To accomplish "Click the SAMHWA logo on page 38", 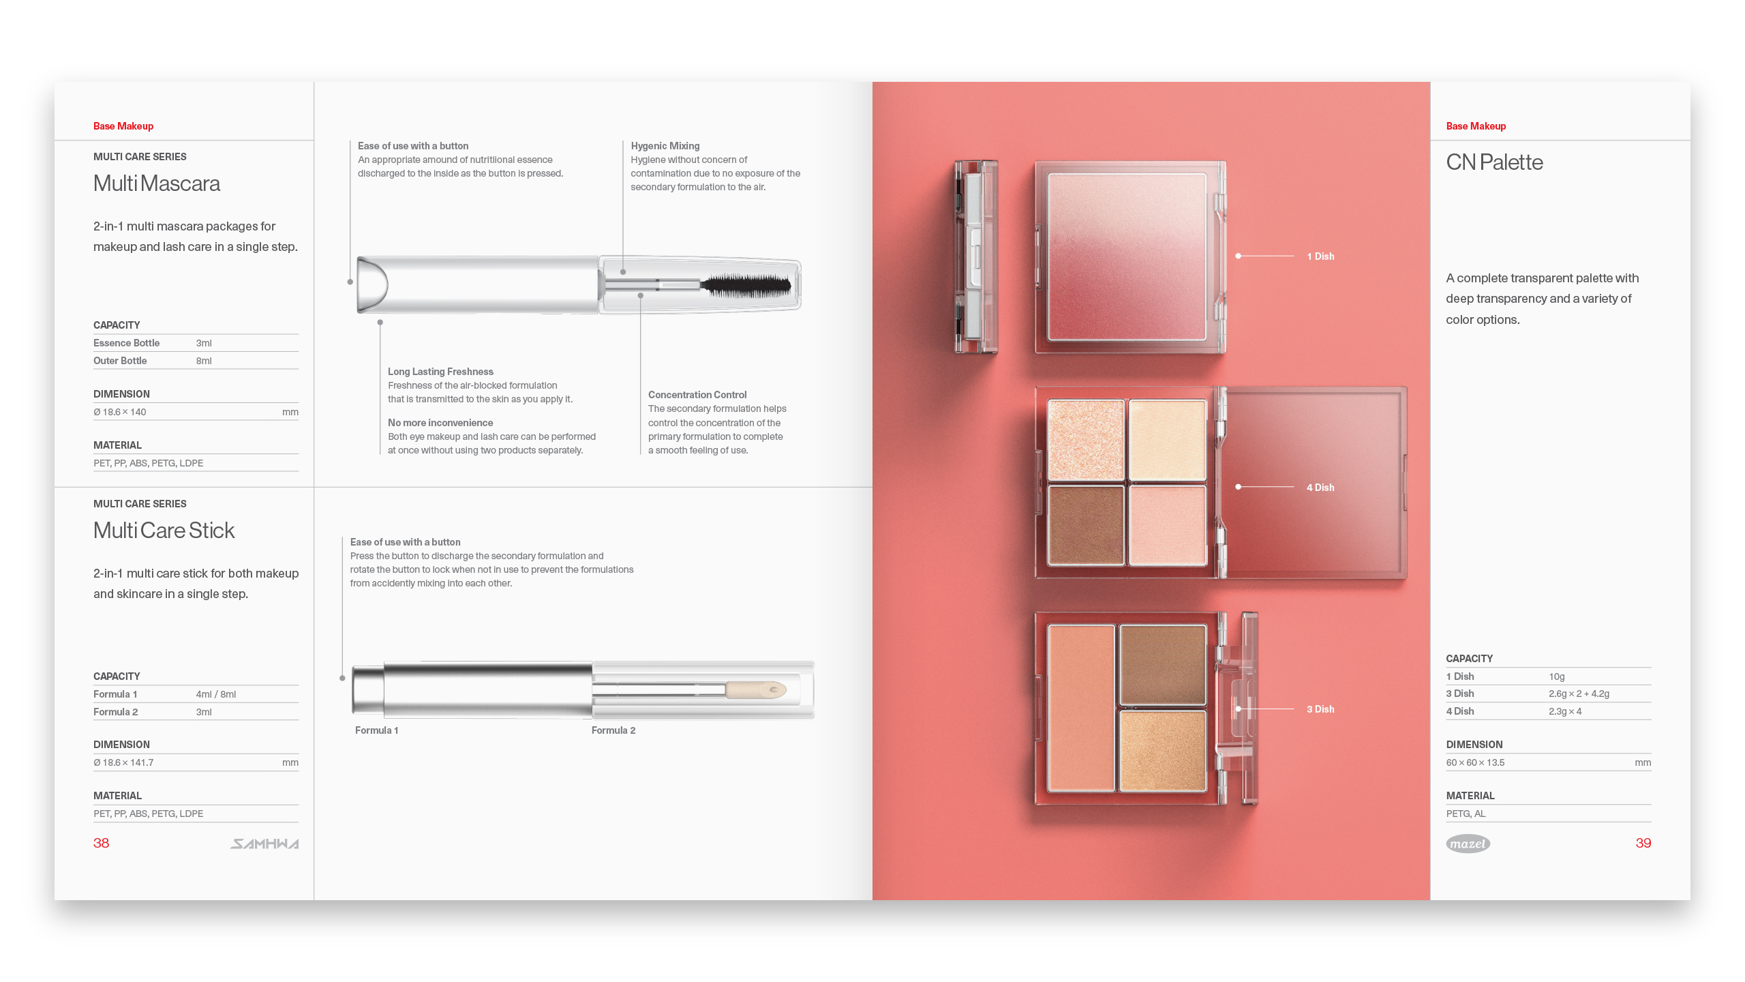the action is (264, 844).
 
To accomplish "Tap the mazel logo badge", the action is (1468, 844).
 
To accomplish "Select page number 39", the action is (1643, 843).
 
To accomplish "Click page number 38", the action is (101, 843).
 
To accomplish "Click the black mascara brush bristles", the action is (747, 285).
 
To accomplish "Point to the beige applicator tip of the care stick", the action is (757, 689).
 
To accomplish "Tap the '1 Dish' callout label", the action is (1320, 256).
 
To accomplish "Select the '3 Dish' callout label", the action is (1320, 709).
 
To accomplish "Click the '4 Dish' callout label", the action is (1320, 488).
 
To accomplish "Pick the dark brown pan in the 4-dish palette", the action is (1086, 525).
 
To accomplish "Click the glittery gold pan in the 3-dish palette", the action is (1163, 751).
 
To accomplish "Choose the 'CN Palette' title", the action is (1494, 162).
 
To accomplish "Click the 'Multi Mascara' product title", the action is (157, 183).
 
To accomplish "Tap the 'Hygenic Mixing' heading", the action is (665, 146).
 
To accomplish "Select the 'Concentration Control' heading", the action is (697, 395).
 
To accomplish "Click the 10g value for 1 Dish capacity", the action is (1556, 676).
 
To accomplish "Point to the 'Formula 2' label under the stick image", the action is (613, 730).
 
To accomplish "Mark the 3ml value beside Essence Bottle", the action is (204, 343).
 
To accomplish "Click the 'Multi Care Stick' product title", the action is (164, 531).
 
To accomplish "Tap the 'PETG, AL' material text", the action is (1466, 814).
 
